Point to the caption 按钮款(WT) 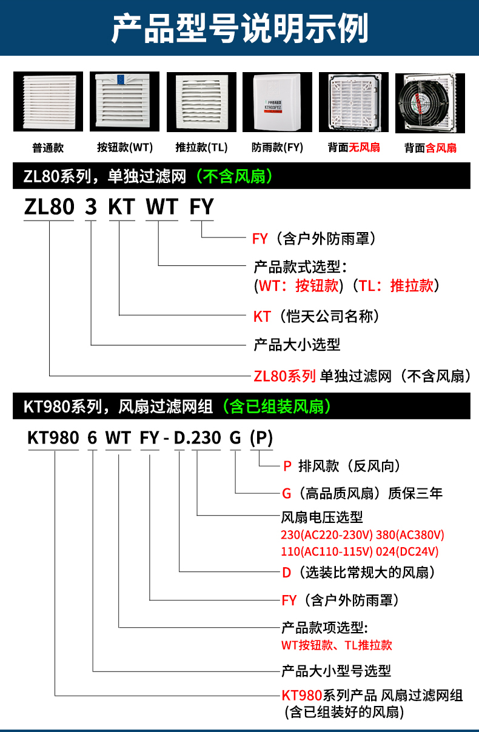125,147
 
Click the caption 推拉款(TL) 201,147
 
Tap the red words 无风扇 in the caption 364,147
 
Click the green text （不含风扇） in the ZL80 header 233,176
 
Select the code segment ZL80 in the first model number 49,207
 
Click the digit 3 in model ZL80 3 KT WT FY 91,207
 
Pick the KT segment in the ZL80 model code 121,207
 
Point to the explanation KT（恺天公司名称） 316,316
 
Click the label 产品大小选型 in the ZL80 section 296,345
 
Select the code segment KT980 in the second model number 54,438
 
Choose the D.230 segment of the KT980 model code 198,438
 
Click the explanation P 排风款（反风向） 341,466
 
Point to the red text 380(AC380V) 411,536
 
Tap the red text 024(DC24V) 407,551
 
